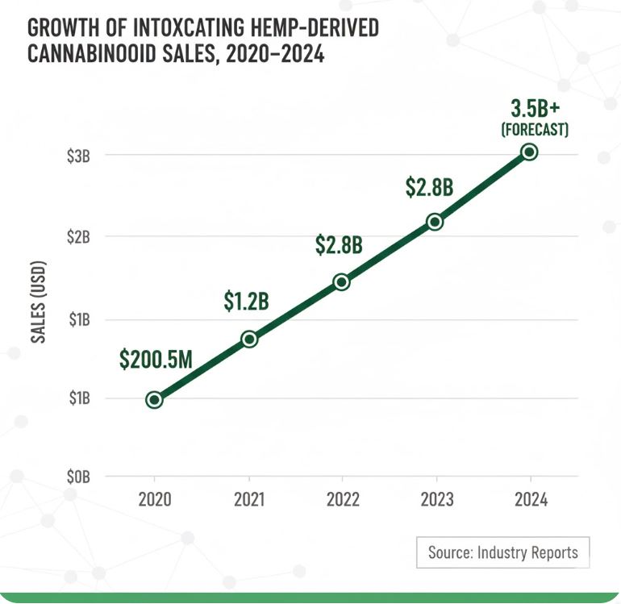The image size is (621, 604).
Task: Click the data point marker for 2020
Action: coord(154,399)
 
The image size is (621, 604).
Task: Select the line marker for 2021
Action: coord(249,339)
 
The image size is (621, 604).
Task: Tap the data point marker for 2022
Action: coord(341,281)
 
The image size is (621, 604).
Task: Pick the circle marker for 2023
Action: coord(435,221)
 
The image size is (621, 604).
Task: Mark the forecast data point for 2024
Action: coord(529,152)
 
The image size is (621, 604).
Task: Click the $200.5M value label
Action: coord(156,360)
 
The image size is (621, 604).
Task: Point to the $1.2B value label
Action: coord(246,302)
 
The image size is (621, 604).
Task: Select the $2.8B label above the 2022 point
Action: coord(339,244)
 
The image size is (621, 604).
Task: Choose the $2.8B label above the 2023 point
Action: coord(429,186)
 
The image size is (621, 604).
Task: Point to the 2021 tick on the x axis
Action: coord(249,499)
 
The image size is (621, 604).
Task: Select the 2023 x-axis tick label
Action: coord(436,499)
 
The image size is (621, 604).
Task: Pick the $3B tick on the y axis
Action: coord(78,156)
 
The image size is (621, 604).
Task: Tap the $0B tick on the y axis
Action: coord(78,477)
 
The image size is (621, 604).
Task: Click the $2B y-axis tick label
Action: coord(78,237)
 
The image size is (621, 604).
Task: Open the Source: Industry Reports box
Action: coord(502,552)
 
